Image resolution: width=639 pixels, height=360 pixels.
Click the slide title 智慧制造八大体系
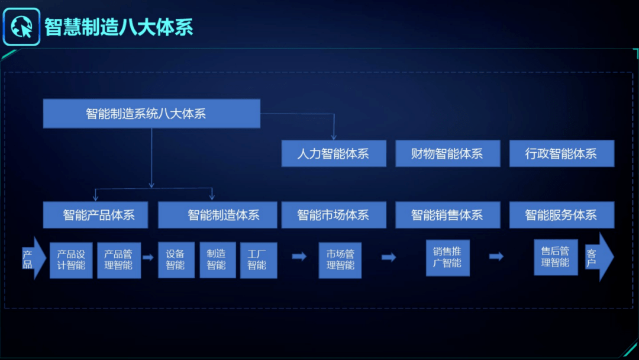point(119,27)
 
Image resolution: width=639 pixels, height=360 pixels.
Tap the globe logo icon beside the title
point(22,27)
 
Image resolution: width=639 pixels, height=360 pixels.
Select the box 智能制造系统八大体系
point(151,114)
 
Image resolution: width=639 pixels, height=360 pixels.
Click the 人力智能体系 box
point(334,154)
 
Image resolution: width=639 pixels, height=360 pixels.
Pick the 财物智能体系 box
point(447,154)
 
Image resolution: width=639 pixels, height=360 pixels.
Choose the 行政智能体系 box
point(561,154)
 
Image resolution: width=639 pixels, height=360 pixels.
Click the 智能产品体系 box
point(98,215)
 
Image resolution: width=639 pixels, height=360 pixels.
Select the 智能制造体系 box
point(217,215)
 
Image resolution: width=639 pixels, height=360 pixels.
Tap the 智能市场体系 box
point(334,215)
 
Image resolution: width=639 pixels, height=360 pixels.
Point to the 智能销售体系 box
point(447,215)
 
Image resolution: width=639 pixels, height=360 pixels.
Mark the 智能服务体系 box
point(561,215)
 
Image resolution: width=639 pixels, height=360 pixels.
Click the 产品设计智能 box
point(71,260)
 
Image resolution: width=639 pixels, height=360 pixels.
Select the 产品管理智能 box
point(118,260)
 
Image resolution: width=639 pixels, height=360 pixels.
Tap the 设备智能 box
point(176,260)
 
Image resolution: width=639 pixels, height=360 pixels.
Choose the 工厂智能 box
point(258,260)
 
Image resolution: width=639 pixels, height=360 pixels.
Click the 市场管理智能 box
point(340,260)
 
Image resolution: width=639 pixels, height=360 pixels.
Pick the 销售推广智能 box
point(447,257)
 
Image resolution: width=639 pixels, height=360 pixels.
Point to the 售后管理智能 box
point(556,257)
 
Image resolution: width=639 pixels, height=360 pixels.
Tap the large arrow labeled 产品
point(33,258)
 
